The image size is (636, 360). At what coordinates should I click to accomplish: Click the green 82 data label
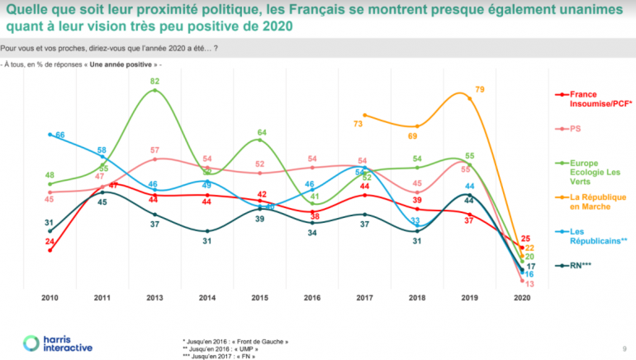pos(154,81)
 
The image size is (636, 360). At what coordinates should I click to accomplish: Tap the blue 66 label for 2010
pos(60,134)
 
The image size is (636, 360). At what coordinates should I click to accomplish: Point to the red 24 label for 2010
pos(50,241)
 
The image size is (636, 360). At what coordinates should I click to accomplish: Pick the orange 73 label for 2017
pos(358,123)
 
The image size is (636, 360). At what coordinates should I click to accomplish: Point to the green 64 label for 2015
pos(261,132)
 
